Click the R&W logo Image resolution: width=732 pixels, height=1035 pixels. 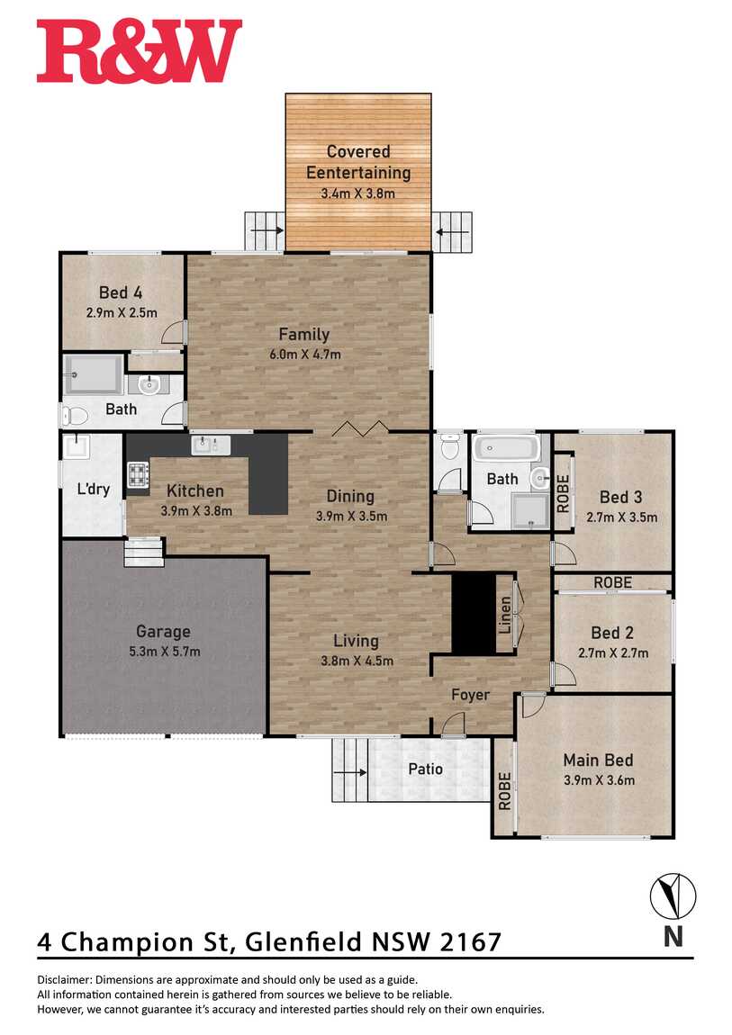click(140, 51)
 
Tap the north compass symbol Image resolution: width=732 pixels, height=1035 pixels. click(673, 896)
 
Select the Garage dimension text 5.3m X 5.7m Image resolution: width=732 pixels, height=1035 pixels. click(165, 652)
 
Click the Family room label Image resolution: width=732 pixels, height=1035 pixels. click(303, 335)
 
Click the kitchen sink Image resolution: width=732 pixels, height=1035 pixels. click(211, 445)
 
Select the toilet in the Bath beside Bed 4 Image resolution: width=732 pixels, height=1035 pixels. click(76, 416)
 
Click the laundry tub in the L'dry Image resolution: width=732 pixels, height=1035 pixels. click(76, 445)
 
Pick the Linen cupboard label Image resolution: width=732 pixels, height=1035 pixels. click(505, 616)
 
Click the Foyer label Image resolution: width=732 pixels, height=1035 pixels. click(471, 695)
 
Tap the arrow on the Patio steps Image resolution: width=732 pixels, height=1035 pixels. click(354, 771)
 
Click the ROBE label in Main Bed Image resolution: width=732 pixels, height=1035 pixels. click(504, 791)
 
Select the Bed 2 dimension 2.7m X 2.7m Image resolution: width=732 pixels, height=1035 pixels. click(613, 653)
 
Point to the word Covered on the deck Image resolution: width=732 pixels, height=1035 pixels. click(358, 152)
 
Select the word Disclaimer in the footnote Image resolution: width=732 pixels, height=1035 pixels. click(64, 980)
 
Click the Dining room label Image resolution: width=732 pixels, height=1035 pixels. click(350, 497)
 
